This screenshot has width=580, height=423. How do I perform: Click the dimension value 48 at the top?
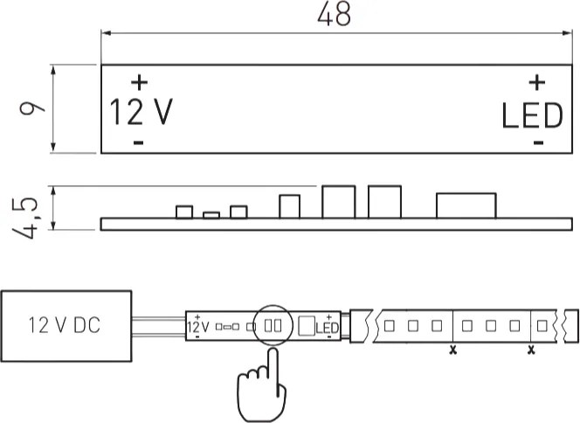334,14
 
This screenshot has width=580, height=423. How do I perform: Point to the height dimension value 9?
31,108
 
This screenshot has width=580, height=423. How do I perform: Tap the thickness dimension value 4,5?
25,218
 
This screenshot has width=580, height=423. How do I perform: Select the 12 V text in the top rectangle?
142,112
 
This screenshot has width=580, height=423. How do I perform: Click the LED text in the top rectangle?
532,116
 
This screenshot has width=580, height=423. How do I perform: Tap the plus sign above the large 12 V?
140,82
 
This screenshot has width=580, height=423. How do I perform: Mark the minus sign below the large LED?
539,142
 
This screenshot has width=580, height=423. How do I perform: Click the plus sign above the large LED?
536,82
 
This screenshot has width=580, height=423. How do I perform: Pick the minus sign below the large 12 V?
138,142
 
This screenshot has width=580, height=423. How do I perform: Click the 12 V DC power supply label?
65,325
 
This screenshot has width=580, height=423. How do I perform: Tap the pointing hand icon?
261,385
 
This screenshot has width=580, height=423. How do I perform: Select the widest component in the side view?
466,205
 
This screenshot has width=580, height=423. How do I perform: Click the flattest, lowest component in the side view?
211,215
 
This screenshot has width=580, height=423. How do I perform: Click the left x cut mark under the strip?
452,350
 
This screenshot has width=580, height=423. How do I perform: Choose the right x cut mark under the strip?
531,350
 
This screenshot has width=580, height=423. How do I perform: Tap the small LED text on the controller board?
327,328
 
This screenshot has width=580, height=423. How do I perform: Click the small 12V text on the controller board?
198,327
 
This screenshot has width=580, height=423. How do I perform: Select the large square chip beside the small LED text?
307,326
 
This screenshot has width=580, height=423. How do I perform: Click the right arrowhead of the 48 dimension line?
567,33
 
